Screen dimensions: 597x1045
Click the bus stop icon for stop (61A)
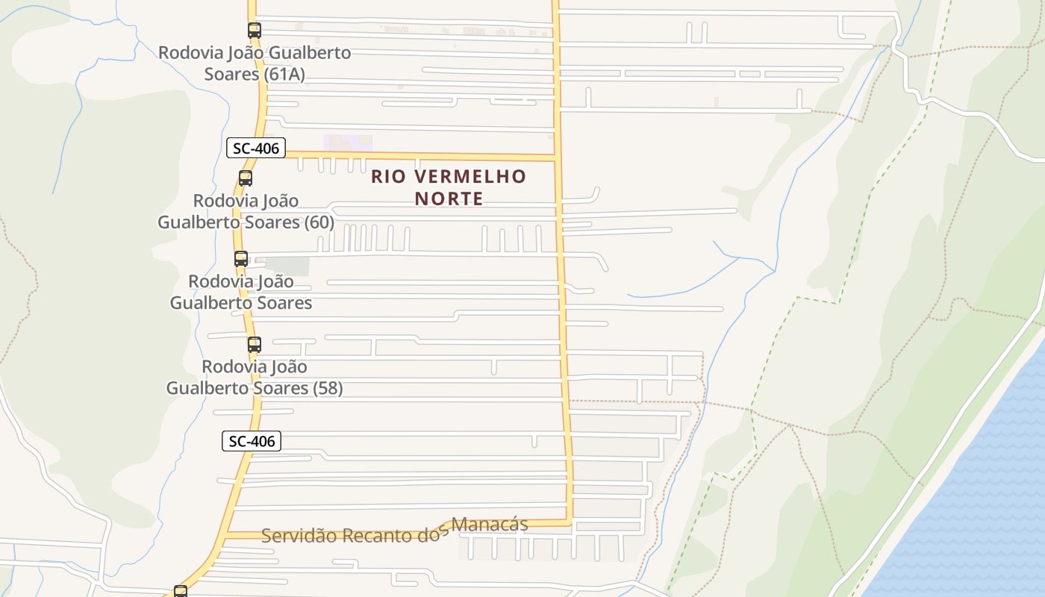tap(255, 31)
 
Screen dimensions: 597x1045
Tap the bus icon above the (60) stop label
tap(246, 178)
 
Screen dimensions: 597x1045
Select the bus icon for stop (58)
tap(255, 345)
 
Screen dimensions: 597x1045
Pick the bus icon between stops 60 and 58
tap(241, 259)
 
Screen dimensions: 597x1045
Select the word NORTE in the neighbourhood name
tap(449, 199)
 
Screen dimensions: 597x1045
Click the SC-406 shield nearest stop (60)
tap(256, 148)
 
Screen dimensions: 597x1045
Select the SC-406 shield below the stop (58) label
tap(252, 441)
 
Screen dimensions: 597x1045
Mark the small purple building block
tap(348, 142)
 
